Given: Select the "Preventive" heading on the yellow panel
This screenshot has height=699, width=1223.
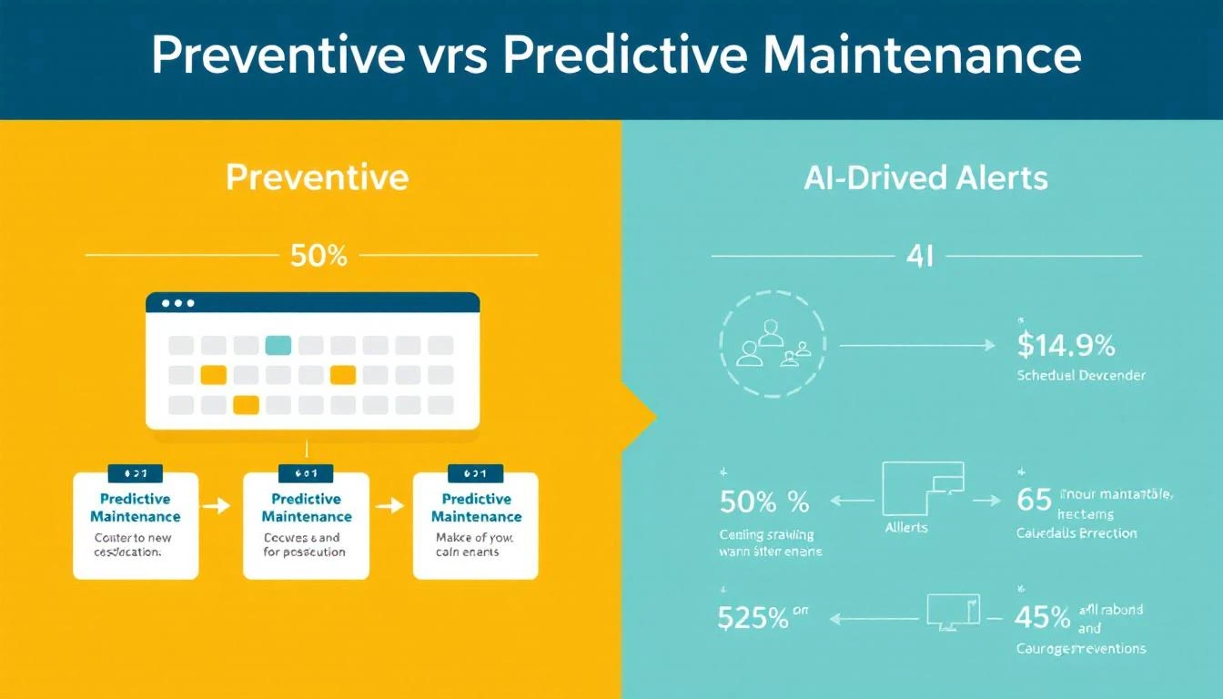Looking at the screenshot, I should pos(317,177).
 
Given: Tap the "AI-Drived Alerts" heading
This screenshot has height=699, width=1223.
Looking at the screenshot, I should pos(926,177).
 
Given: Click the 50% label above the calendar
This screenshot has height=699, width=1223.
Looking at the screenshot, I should pos(318,257).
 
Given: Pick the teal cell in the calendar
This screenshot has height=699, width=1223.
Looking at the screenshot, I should pos(278,345).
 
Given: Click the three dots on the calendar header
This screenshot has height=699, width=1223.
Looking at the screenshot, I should pos(177,303).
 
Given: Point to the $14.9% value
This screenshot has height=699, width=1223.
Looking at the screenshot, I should pos(1065,346).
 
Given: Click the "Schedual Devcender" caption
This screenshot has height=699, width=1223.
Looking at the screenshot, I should pos(1081,375).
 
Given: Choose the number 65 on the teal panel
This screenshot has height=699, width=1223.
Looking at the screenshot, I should pos(1033,501).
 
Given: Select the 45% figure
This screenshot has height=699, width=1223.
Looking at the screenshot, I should pos(1043,619).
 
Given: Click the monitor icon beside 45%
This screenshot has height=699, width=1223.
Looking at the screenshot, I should pos(953,611).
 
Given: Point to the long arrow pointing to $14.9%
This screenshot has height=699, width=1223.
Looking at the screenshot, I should pos(915,346).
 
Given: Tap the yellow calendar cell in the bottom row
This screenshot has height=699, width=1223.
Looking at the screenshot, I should pos(246,405).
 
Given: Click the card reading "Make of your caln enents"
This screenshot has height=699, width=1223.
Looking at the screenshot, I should pos(475,525).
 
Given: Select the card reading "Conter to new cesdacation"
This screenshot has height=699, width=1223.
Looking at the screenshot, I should pos(135,525).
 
